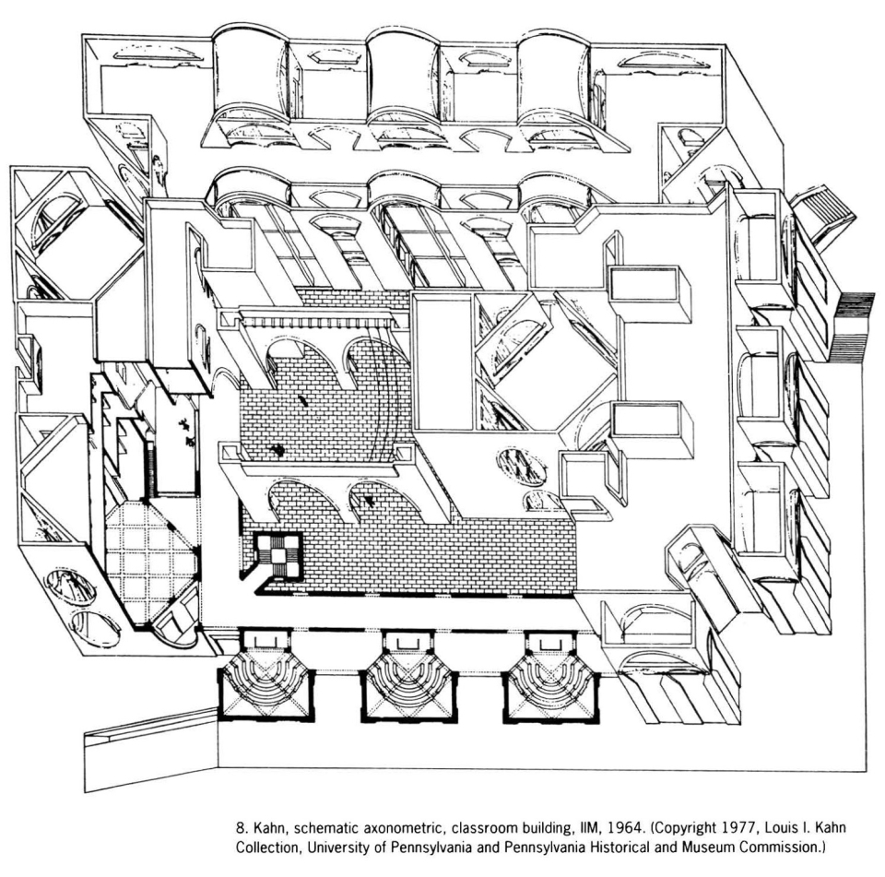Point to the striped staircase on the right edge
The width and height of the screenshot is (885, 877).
point(852,327)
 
